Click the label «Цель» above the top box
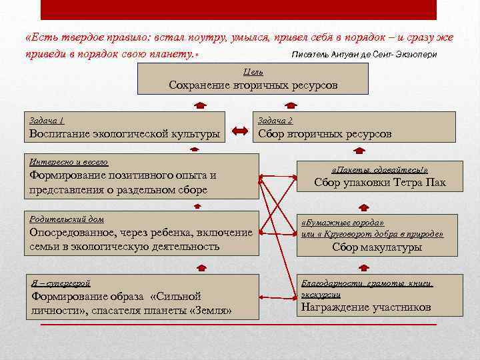click(x=253, y=71)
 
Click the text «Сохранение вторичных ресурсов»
click(x=253, y=85)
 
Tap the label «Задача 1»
click(x=47, y=121)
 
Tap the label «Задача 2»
click(x=275, y=121)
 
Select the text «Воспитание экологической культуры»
click(x=125, y=134)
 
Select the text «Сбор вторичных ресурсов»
click(x=325, y=134)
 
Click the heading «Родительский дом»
click(x=67, y=219)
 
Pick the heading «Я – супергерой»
click(x=61, y=283)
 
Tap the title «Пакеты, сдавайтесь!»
click(x=379, y=170)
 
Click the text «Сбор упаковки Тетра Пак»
click(x=379, y=183)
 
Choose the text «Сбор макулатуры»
click(x=377, y=247)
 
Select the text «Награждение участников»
click(x=366, y=307)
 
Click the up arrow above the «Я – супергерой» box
click(x=197, y=267)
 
